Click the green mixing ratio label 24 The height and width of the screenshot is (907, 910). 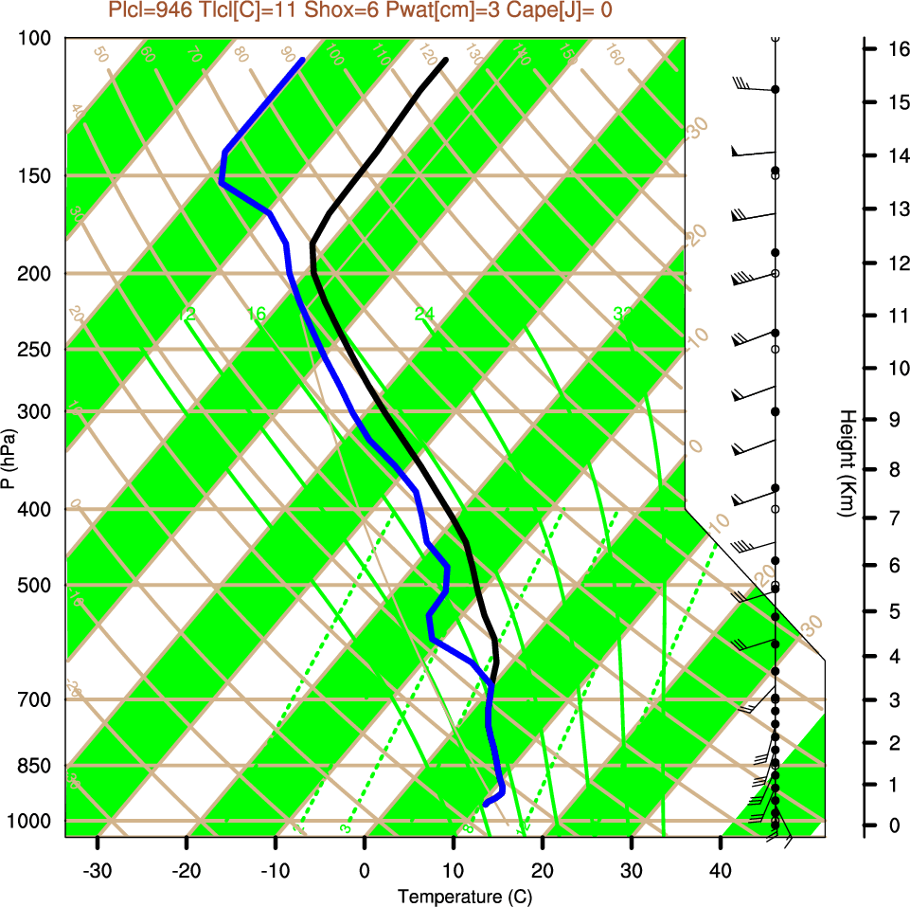coord(424,314)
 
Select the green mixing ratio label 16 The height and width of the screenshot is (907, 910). coord(257,314)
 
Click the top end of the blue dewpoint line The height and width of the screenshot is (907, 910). coord(302,60)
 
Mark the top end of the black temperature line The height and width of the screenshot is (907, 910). coord(445,61)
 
